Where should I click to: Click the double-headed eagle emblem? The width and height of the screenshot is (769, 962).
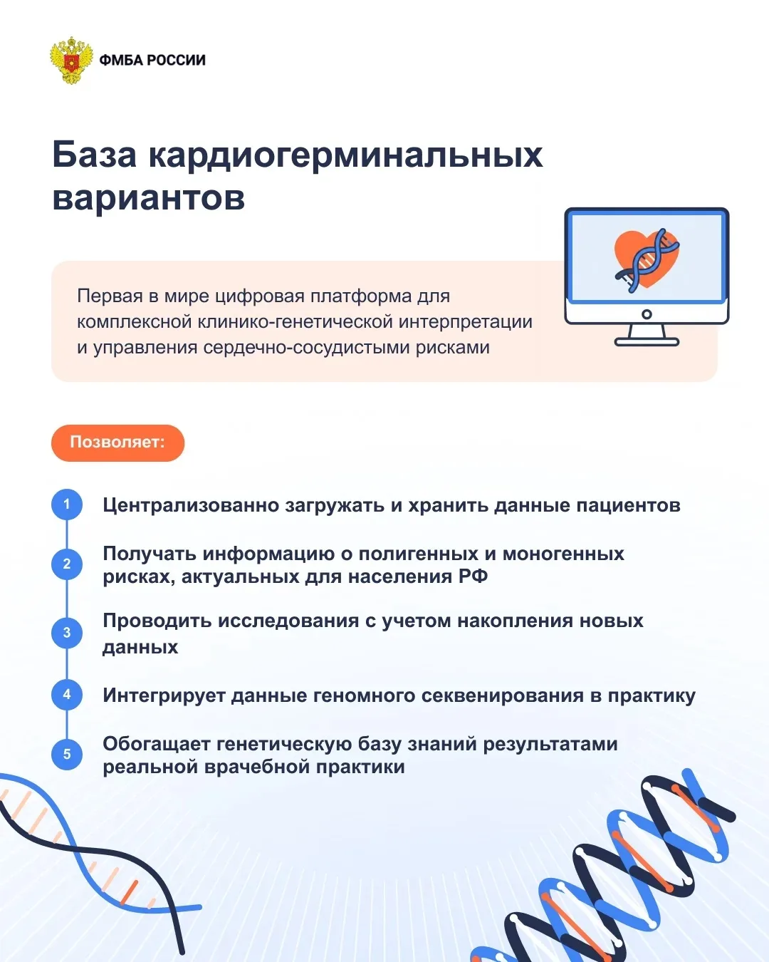71,60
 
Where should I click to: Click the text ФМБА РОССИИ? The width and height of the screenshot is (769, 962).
152,60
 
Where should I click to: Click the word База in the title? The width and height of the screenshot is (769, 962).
94,155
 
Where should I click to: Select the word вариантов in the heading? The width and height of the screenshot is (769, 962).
149,197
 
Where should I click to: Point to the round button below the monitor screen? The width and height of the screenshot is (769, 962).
647,314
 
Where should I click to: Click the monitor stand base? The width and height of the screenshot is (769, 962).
647,343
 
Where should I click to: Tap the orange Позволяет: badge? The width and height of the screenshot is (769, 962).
118,443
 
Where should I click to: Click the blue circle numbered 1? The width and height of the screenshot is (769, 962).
67,505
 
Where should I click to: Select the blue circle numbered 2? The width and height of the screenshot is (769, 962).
67,564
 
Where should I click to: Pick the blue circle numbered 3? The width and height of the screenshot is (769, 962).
67,633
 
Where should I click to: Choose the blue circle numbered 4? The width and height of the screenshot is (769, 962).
67,694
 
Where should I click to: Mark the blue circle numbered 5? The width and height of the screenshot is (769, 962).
67,754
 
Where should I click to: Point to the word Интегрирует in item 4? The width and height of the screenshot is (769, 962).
164,695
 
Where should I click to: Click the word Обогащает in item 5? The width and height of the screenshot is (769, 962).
157,744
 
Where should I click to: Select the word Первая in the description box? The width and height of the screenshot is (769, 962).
110,296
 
